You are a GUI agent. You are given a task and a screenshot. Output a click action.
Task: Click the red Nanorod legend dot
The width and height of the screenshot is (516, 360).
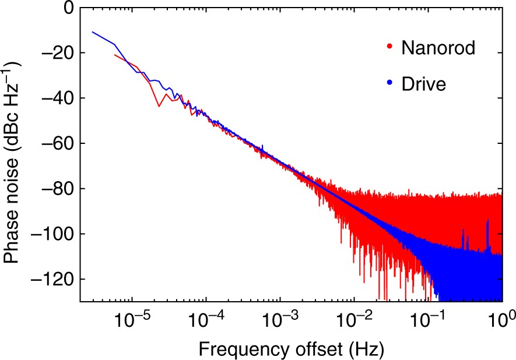(389, 46)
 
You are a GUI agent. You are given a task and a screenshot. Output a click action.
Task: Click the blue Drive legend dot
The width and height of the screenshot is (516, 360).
(389, 84)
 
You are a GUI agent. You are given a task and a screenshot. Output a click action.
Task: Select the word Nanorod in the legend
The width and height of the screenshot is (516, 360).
(438, 47)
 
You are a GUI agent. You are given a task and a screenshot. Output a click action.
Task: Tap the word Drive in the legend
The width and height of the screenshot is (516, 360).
(424, 84)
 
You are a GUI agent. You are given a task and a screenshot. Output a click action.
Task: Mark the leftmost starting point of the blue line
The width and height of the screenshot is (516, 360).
(92, 32)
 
